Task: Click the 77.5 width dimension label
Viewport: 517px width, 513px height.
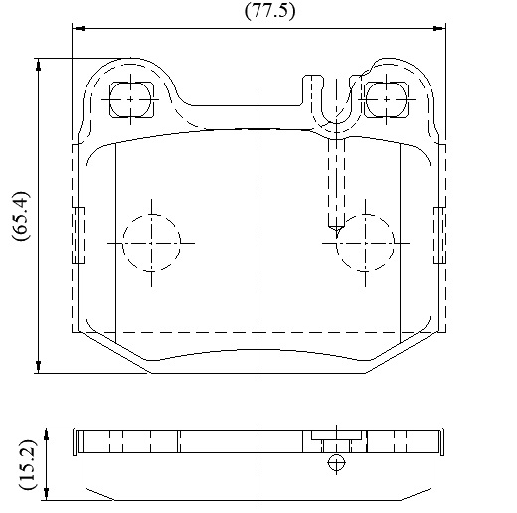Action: (x=269, y=11)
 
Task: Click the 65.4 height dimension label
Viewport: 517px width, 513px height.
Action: (x=21, y=216)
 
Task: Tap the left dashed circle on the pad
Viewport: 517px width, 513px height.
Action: (x=122, y=243)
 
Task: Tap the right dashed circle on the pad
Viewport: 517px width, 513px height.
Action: (x=395, y=243)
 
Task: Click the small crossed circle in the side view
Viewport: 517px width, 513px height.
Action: (x=336, y=462)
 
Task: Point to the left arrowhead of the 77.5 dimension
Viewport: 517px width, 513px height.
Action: (x=79, y=29)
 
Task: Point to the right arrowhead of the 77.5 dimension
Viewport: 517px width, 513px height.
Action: (x=439, y=29)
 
